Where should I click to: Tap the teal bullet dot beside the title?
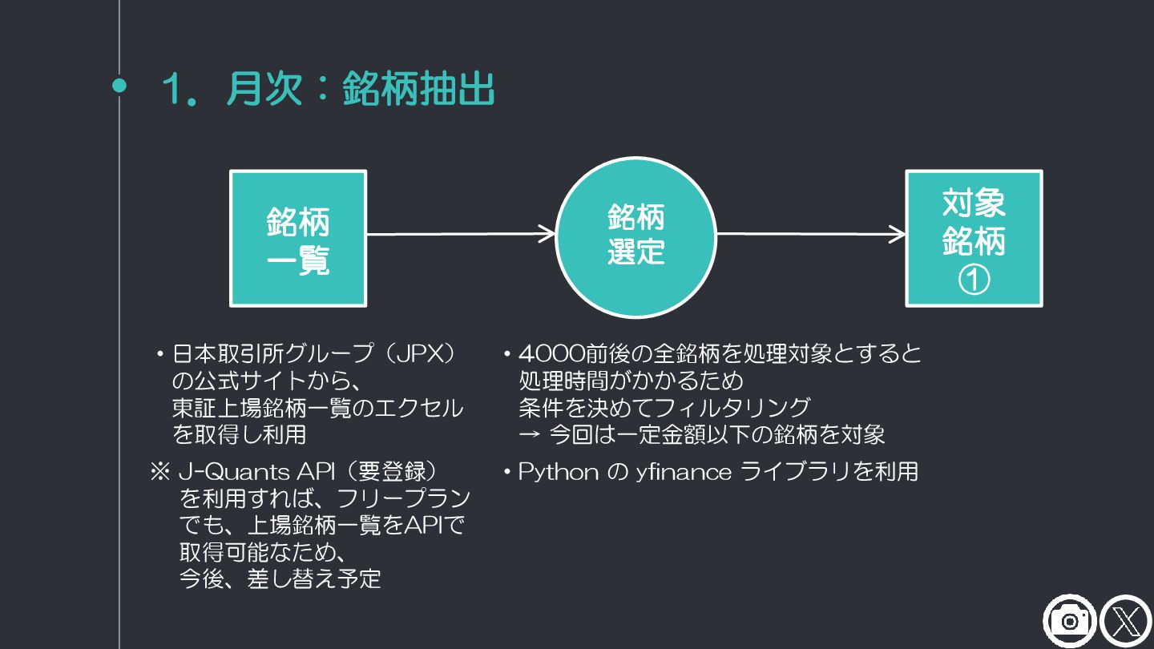pyautogui.click(x=119, y=86)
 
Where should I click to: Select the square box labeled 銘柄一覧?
pyautogui.click(x=298, y=238)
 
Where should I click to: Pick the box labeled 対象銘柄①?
pyautogui.click(x=974, y=238)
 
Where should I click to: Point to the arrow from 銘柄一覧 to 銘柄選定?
pyautogui.click(x=461, y=234)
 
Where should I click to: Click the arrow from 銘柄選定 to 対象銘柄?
pyautogui.click(x=810, y=234)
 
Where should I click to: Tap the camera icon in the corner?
pyautogui.click(x=1069, y=621)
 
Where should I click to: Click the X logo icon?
pyautogui.click(x=1125, y=621)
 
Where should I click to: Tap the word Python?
pyautogui.click(x=559, y=472)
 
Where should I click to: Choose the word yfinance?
pyautogui.click(x=684, y=472)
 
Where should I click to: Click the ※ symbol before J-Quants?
pyautogui.click(x=159, y=472)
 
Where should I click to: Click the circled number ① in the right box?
pyautogui.click(x=974, y=280)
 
